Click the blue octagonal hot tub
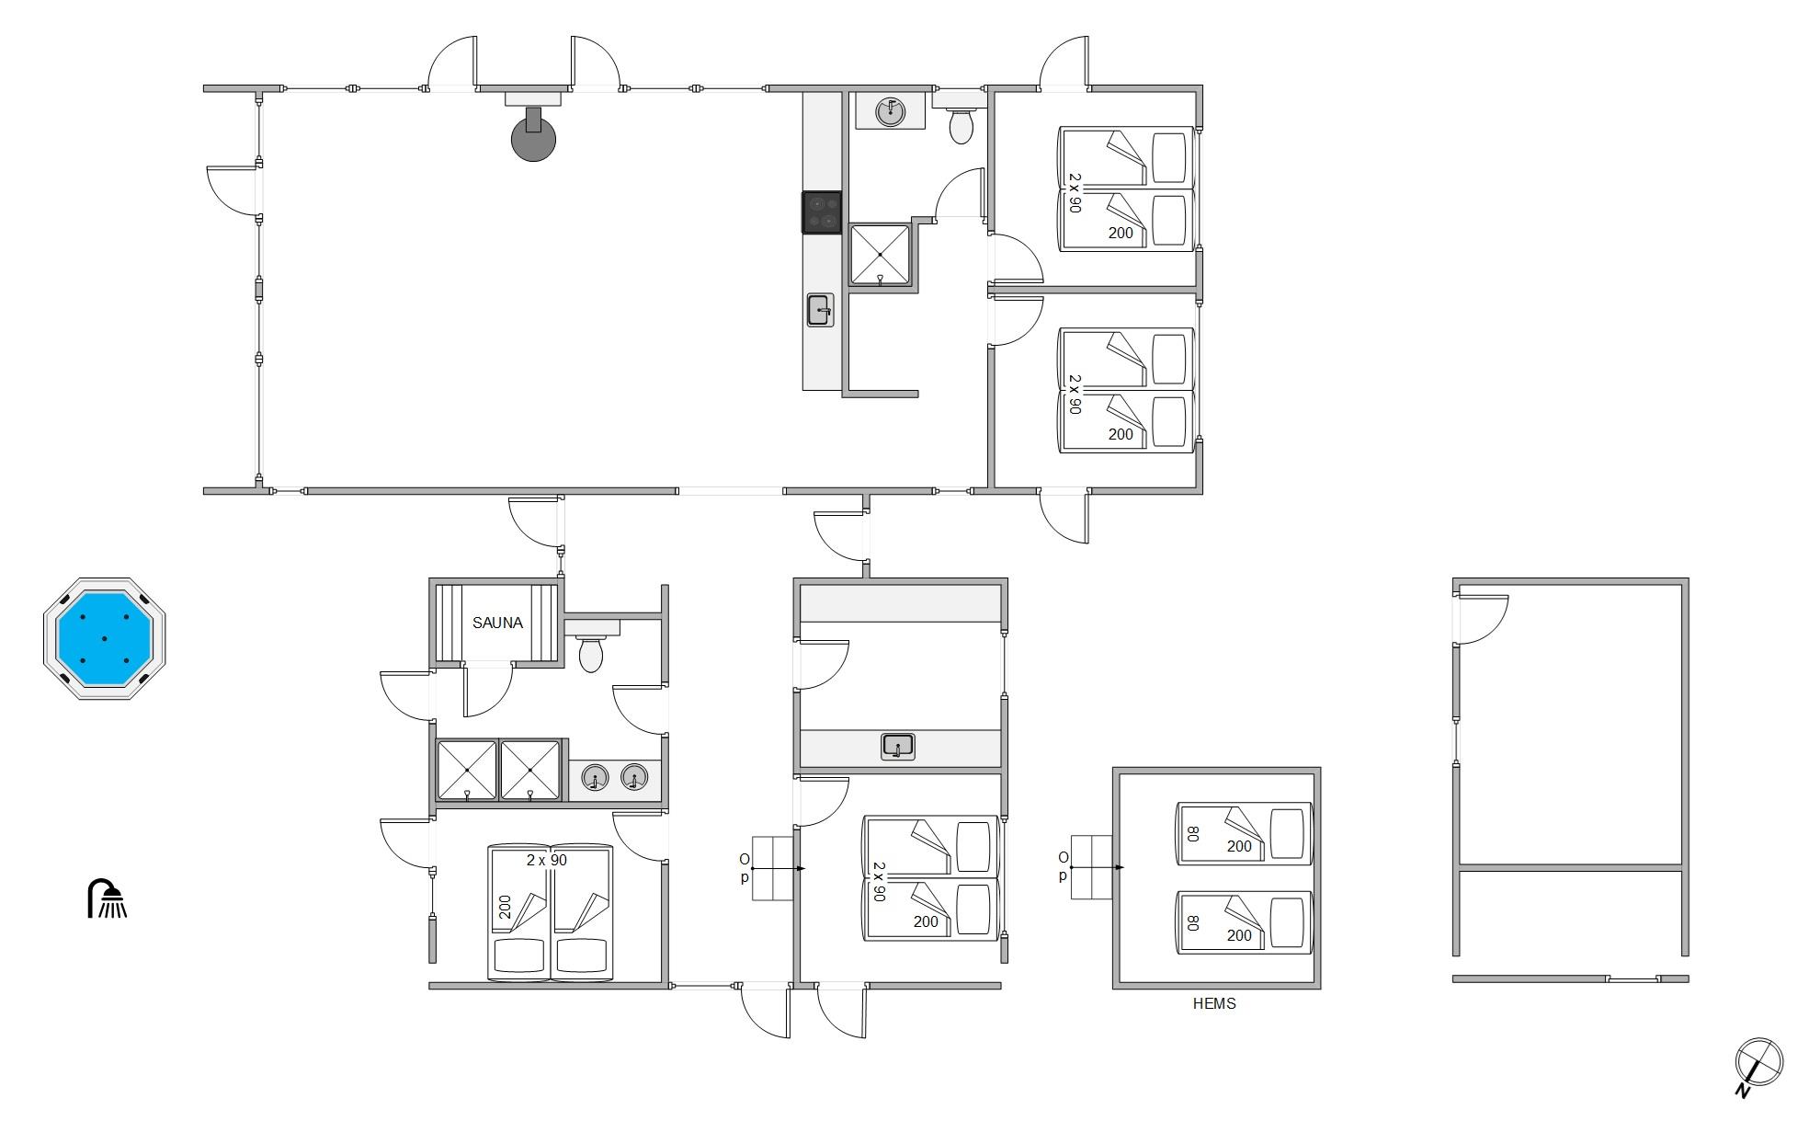(104, 638)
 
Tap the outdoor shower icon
(107, 898)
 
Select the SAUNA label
(497, 623)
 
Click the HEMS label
(1214, 1004)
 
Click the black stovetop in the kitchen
(822, 212)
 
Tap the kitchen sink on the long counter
(820, 310)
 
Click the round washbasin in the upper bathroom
(889, 111)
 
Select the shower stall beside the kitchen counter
(880, 254)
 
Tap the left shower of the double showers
(467, 770)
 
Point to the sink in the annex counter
(898, 746)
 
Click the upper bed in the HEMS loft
(1245, 834)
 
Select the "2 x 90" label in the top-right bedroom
(1075, 193)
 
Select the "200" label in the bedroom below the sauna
(505, 908)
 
